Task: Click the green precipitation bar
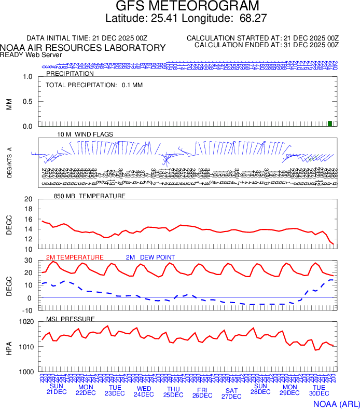(x=330, y=123)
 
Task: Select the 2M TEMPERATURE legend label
(x=75, y=257)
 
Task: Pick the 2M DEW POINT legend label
(x=150, y=257)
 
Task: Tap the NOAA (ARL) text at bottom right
(x=336, y=403)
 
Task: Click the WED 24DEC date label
(x=144, y=391)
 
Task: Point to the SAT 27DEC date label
(x=231, y=393)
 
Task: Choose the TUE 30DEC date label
(x=319, y=391)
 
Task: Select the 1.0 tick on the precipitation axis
(x=28, y=77)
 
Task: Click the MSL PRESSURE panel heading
(x=71, y=319)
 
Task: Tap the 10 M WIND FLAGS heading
(x=85, y=134)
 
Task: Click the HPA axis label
(x=9, y=347)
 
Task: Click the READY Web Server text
(x=31, y=54)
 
